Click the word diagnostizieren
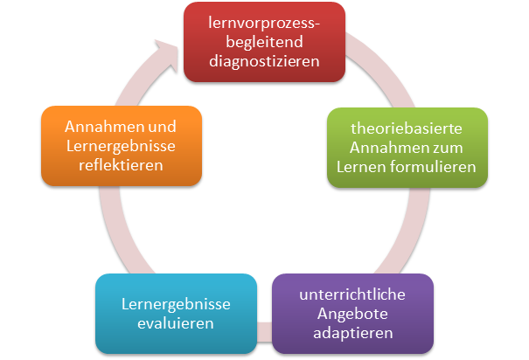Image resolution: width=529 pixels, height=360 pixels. [264, 61]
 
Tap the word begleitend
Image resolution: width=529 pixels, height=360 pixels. [264, 42]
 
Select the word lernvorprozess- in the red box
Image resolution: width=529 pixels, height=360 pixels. [264, 23]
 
